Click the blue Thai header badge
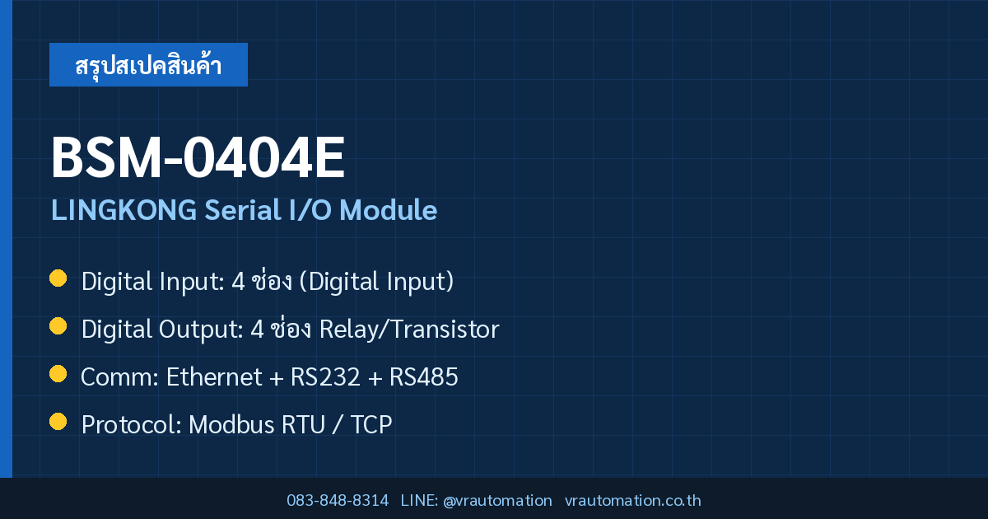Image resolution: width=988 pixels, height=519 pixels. (148, 64)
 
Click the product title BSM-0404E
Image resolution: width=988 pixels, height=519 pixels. (198, 157)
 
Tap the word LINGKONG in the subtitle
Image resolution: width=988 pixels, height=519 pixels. (124, 209)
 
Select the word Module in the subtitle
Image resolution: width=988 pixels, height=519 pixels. (388, 209)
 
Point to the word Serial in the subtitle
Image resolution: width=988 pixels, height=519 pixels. (243, 209)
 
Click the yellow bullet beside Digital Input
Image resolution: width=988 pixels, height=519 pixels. (58, 278)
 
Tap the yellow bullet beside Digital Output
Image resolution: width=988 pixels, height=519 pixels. (58, 326)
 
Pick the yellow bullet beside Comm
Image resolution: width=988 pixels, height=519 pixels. (58, 374)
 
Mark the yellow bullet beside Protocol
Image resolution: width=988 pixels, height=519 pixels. (58, 422)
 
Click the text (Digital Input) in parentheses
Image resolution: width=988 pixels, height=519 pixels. (376, 282)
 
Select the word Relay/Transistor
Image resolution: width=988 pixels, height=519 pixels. (409, 330)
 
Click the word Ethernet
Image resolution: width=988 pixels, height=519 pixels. (214, 377)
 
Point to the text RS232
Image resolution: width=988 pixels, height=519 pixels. (325, 377)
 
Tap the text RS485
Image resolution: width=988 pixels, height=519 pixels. (424, 377)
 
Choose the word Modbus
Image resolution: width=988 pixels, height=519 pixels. (231, 424)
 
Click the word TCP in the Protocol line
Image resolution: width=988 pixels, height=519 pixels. (371, 424)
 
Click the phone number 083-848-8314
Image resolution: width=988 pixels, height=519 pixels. (338, 501)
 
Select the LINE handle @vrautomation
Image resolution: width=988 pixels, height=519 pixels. (497, 501)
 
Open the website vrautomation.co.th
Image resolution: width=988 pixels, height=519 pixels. (632, 501)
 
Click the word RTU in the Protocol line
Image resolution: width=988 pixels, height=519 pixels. (303, 424)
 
